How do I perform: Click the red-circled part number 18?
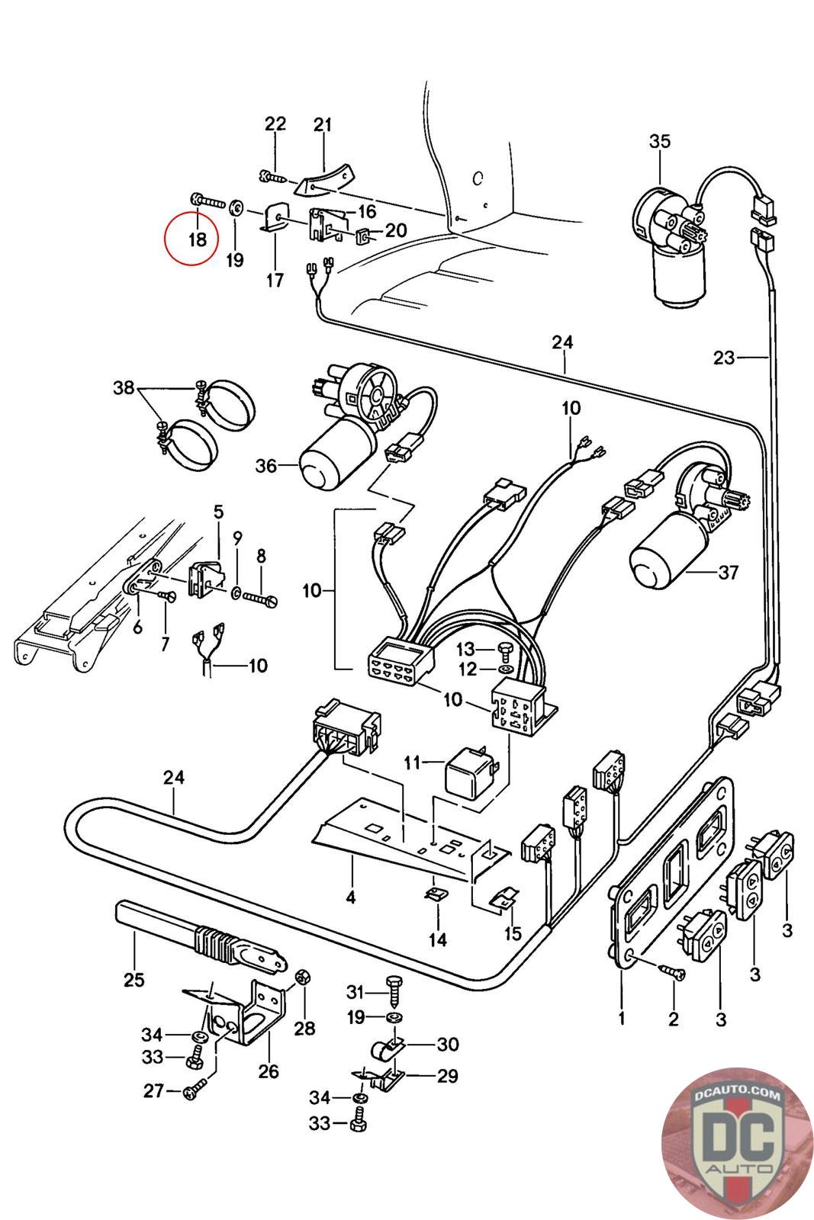pyautogui.click(x=197, y=239)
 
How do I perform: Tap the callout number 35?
pyautogui.click(x=660, y=141)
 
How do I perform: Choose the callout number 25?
pyautogui.click(x=134, y=979)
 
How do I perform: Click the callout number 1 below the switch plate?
pyautogui.click(x=622, y=1019)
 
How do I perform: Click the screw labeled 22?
pyautogui.click(x=272, y=177)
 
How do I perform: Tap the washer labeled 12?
pyautogui.click(x=502, y=669)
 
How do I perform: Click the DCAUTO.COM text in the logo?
pyautogui.click(x=736, y=1094)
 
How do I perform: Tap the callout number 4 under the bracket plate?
pyautogui.click(x=350, y=897)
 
